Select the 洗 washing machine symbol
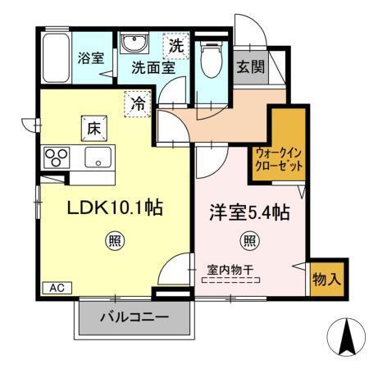(175, 46)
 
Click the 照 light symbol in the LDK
(113, 241)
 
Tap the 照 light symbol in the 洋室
(247, 241)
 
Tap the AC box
(55, 288)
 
